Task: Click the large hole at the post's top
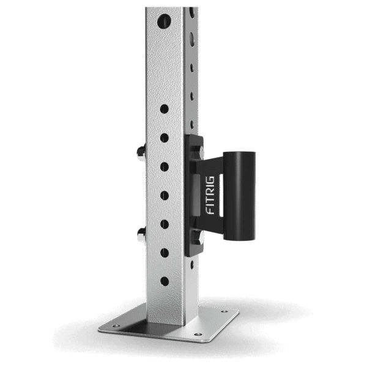point(164,21)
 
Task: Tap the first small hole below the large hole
point(164,108)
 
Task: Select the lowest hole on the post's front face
point(164,281)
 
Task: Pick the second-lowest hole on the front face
point(164,252)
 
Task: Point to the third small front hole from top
point(164,166)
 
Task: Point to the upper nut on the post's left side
point(140,157)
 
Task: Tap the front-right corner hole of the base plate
point(197,335)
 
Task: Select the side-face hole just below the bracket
point(191,264)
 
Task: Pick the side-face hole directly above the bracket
point(191,120)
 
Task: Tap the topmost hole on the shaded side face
point(191,12)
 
